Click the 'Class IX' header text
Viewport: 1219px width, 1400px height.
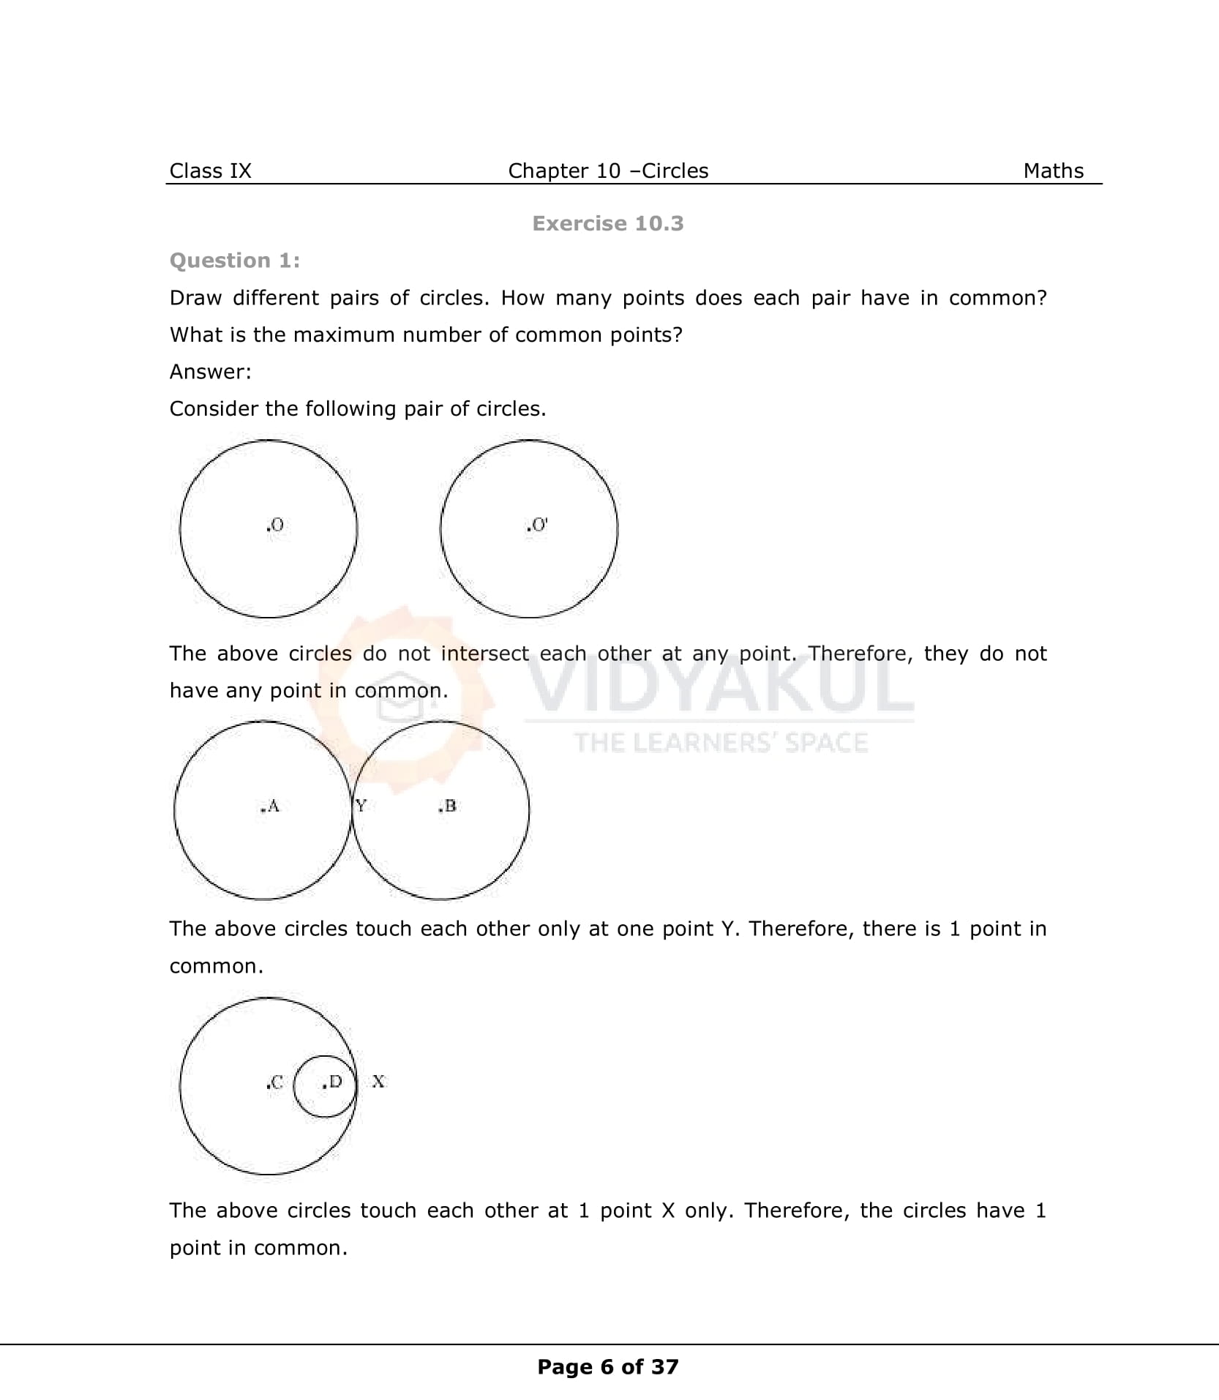(210, 171)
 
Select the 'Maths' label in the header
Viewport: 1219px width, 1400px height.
(1053, 171)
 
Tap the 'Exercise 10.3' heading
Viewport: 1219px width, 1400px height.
(607, 223)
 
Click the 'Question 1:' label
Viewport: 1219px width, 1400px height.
(234, 261)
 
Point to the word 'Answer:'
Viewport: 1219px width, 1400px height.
(210, 372)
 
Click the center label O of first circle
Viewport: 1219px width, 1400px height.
(275, 525)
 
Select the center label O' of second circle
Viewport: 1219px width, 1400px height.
(537, 525)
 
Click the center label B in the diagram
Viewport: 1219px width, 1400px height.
(448, 806)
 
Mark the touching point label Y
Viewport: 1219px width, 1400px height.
(361, 806)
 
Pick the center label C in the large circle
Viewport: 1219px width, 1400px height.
(275, 1082)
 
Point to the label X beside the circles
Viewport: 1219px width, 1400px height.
(378, 1081)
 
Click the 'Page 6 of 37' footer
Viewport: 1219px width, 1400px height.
(607, 1366)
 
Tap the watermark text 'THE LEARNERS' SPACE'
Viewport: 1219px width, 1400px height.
(721, 743)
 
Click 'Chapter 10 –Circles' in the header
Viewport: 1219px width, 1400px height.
(608, 171)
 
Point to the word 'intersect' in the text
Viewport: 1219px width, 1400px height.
(484, 654)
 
